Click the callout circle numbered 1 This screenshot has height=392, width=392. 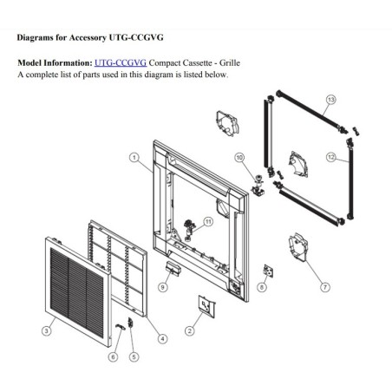134,158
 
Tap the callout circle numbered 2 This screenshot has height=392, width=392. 189,330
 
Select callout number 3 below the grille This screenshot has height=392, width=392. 46,330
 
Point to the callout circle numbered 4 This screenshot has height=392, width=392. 162,339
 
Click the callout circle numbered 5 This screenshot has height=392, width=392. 134,357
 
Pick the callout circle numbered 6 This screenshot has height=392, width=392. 113,357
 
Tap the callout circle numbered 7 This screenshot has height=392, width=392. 325,287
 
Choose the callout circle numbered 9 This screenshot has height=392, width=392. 163,287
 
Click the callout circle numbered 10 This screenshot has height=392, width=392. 239,158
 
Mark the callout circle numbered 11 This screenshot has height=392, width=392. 208,222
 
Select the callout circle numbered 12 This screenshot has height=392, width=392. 330,157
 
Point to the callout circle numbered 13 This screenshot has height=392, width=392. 330,100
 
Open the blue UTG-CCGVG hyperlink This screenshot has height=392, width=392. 121,62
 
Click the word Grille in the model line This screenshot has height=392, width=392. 230,62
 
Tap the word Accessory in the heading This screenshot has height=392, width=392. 88,37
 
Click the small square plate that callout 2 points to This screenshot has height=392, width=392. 206,306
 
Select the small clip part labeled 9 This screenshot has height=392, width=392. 173,269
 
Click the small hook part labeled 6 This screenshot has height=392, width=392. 120,327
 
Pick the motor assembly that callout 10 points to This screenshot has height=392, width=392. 258,185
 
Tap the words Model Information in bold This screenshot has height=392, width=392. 55,62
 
